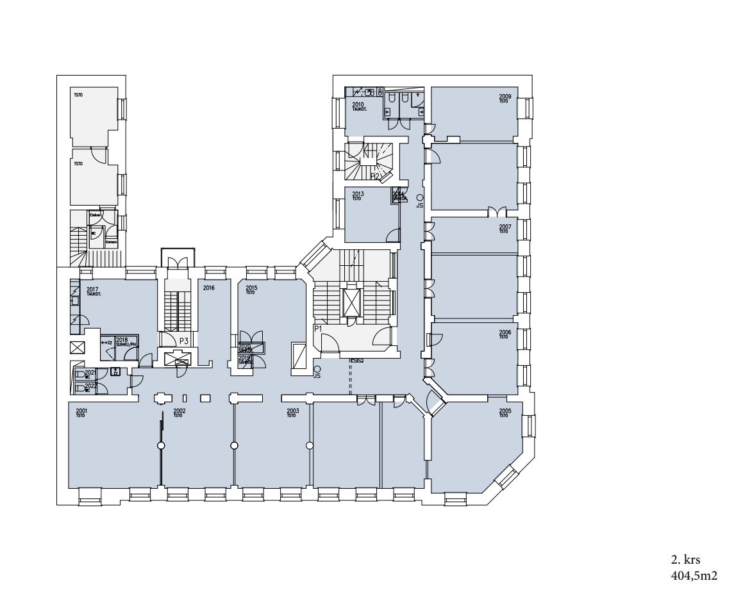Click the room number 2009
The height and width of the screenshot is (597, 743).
[505, 97]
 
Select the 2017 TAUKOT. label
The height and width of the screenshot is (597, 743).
[92, 291]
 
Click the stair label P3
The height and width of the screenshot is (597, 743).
[183, 341]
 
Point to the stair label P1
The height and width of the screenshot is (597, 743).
[317, 328]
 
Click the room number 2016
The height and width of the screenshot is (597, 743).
[208, 288]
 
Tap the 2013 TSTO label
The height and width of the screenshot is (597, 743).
[358, 195]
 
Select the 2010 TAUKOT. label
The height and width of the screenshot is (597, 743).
[358, 106]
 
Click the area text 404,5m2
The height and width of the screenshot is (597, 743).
[694, 575]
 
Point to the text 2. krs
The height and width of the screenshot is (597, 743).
[685, 560]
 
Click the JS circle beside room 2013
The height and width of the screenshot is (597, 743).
[420, 198]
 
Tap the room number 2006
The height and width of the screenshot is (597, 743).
[505, 332]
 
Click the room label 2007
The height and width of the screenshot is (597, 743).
[505, 227]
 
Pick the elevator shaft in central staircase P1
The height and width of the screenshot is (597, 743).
[352, 302]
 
